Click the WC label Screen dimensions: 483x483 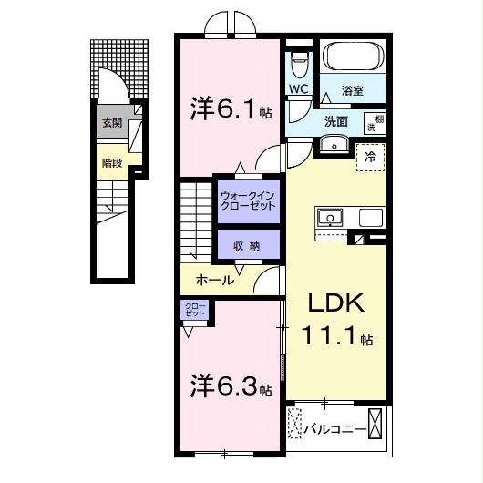299,89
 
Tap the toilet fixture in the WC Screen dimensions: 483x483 299,64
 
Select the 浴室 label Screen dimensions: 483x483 353,91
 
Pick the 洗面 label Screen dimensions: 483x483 336,120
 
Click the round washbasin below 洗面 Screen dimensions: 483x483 332,144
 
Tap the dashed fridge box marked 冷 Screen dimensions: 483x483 370,157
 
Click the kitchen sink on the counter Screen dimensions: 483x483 329,217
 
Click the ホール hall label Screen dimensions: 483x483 215,281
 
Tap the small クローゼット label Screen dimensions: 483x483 194,310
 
